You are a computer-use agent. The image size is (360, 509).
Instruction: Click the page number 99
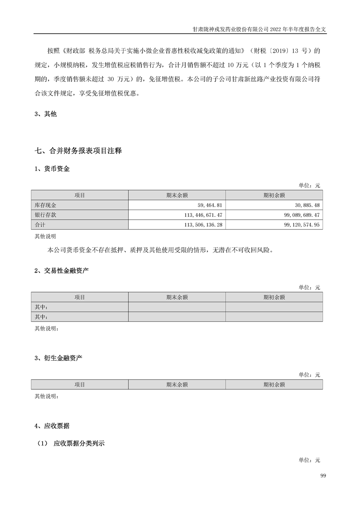[x=323, y=475]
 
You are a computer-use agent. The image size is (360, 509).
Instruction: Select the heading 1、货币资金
[x=52, y=169]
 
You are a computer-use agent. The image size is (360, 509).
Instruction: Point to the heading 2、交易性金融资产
[x=61, y=271]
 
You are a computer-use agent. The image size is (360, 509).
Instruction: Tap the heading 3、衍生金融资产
[x=58, y=358]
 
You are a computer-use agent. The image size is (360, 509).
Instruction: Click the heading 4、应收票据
[x=52, y=426]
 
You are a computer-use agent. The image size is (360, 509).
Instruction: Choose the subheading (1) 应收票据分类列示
[x=71, y=444]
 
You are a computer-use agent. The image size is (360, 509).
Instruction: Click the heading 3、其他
[x=46, y=114]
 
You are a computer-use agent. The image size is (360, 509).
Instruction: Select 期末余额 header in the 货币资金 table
[x=177, y=195]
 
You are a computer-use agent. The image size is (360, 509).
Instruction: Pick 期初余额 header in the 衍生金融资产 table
[x=274, y=385]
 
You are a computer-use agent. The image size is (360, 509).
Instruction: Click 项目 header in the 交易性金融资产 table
[x=80, y=297]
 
